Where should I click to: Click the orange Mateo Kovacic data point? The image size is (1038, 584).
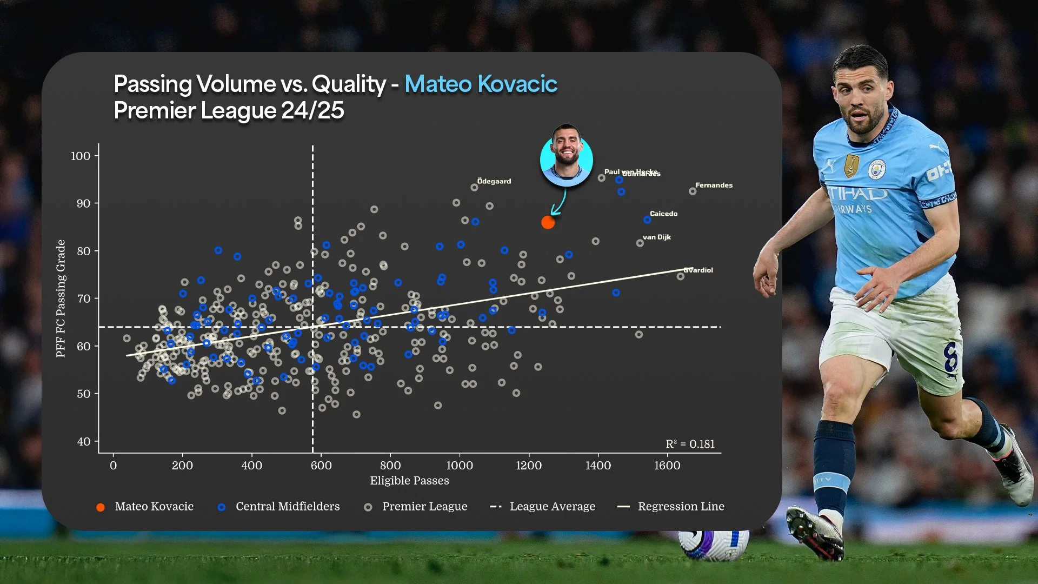tap(548, 222)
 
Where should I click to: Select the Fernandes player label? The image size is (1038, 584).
tap(714, 185)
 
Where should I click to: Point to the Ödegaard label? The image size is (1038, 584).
tap(494, 181)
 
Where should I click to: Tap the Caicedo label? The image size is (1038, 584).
tap(663, 214)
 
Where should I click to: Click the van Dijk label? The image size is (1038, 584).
tap(656, 237)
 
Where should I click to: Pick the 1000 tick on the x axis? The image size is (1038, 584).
tap(460, 466)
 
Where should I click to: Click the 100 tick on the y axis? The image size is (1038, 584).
tap(81, 156)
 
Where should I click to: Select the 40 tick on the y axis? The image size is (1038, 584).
tap(84, 442)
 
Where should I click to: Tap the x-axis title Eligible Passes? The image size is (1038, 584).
tap(409, 481)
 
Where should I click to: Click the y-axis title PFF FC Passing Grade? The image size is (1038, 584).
tap(61, 298)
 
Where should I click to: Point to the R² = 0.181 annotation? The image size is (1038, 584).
tap(690, 444)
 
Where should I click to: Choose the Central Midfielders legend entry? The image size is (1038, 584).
tap(287, 507)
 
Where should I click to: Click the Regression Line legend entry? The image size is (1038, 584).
tap(681, 507)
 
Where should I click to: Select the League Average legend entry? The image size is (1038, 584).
tap(552, 507)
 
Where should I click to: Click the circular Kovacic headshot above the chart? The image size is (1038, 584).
tap(566, 157)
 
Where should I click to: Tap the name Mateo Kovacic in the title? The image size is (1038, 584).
tap(481, 84)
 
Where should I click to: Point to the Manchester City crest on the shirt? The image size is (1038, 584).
tap(876, 169)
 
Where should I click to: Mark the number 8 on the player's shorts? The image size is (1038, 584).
tap(950, 358)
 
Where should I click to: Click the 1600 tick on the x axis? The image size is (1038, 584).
tap(667, 466)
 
